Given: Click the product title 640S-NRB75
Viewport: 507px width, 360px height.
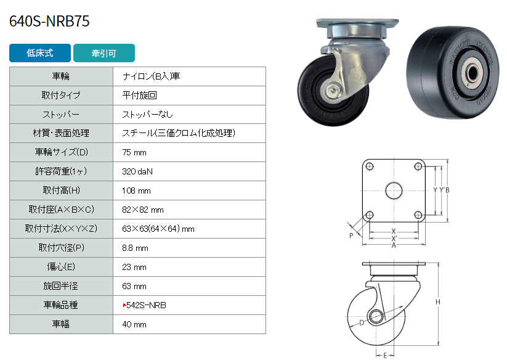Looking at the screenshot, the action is coord(49,22).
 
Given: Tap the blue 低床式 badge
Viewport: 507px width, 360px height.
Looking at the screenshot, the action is coord(40,53).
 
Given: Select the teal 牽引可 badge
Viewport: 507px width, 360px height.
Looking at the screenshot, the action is coord(103,53).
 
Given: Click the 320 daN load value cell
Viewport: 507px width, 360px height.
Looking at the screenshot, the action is coord(189,171).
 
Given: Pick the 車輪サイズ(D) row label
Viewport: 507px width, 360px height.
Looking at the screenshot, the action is coord(61,152).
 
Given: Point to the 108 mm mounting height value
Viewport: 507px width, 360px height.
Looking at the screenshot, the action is coord(136,191).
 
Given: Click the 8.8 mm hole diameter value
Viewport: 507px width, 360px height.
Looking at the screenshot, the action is coord(135,248).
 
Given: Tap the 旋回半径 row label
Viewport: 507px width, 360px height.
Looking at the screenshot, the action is coord(61,286).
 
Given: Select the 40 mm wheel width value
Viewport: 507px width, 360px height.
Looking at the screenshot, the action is coord(134,324).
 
